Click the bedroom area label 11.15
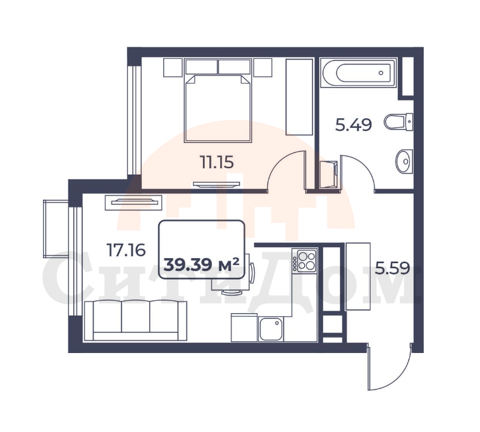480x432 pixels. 217,163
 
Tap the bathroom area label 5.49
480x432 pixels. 354,125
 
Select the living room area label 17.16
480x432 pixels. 126,250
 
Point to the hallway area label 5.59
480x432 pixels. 393,269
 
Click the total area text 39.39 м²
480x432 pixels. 201,265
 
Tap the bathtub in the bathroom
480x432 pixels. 358,73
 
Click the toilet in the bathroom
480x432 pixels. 398,121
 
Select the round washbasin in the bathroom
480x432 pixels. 404,161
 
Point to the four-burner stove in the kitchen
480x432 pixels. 305,260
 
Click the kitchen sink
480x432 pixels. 271,329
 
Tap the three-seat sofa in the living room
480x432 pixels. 135,320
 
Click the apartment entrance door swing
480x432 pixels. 398,376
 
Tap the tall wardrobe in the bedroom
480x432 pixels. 299,97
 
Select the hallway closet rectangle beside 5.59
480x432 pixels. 358,276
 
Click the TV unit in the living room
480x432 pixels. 133,202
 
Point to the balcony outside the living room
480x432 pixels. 56,229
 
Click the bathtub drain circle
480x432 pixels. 381,73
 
